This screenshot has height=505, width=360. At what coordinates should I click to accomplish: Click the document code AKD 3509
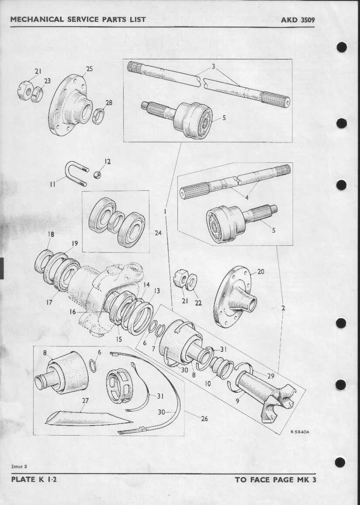[298, 20]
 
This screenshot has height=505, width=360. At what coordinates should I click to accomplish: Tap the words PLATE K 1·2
[34, 479]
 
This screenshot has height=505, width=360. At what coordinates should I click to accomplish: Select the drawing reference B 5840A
[299, 432]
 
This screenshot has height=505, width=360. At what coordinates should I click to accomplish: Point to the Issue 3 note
[19, 466]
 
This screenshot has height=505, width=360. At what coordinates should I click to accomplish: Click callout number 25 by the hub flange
[89, 69]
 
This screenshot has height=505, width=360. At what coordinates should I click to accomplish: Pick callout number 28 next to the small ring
[109, 103]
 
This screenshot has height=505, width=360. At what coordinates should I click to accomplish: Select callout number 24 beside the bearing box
[158, 233]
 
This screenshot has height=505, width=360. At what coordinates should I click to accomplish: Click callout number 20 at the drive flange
[260, 271]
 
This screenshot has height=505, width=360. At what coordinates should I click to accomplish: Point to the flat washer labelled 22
[192, 282]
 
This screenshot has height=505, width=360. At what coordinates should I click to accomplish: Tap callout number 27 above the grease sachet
[85, 401]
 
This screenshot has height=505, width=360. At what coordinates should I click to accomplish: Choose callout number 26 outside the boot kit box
[204, 419]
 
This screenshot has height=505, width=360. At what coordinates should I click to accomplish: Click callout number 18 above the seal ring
[51, 234]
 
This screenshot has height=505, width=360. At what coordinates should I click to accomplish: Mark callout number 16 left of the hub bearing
[73, 312]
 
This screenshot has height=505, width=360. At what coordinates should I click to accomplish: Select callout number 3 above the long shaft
[213, 67]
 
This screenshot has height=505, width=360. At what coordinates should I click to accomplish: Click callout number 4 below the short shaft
[246, 198]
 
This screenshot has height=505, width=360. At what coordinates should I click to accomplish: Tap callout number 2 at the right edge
[283, 308]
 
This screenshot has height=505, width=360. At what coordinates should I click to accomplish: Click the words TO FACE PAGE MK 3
[276, 480]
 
